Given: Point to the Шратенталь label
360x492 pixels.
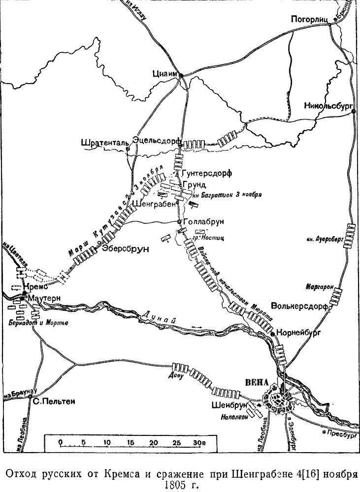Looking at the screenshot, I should tap(105, 143).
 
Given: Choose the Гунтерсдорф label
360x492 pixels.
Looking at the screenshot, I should tap(206, 173).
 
